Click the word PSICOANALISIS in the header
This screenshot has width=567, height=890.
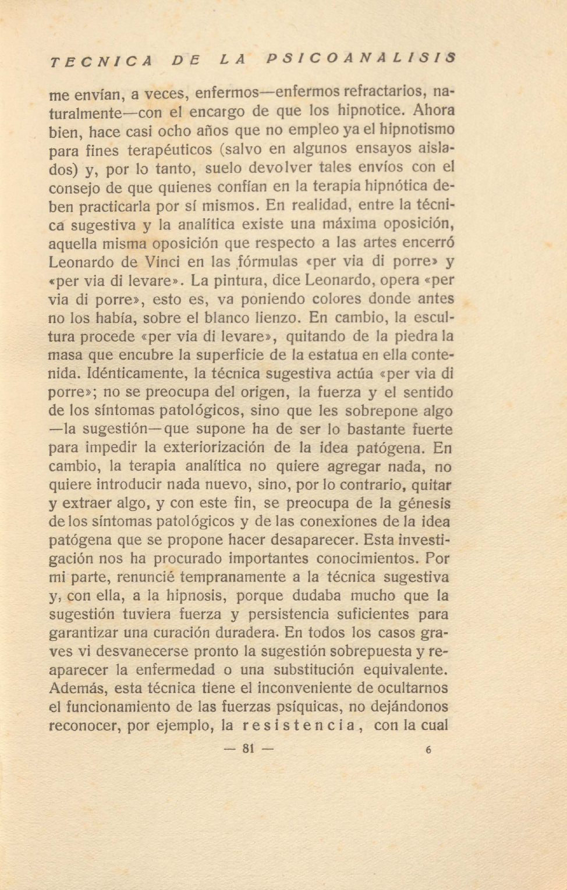360,58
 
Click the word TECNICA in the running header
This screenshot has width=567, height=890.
101,61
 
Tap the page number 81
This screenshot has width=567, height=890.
249,749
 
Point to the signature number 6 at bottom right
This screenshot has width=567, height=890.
428,750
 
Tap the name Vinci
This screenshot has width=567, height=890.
162,261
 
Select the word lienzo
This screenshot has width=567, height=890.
278,318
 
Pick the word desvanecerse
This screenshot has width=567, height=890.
142,651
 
